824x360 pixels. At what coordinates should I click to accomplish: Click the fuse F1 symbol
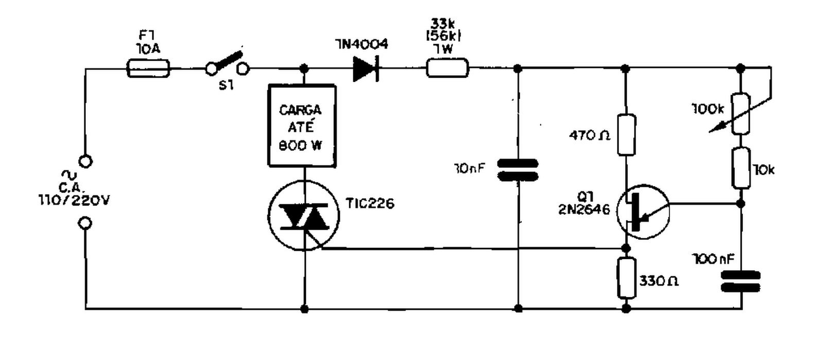click(148, 68)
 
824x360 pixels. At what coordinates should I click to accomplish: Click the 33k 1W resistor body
click(447, 68)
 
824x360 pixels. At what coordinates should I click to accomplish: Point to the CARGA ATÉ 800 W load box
click(302, 126)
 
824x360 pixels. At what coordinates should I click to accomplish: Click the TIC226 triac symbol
click(304, 216)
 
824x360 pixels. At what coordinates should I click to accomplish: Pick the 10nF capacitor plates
click(518, 170)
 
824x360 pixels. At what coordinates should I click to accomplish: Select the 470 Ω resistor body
click(626, 135)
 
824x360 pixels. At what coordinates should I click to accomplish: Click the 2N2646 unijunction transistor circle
click(643, 212)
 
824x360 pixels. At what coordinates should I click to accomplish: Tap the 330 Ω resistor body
click(626, 278)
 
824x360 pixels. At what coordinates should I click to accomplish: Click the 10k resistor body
click(741, 168)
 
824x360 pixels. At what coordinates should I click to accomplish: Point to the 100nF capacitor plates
click(741, 281)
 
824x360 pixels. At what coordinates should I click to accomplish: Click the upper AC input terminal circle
click(86, 162)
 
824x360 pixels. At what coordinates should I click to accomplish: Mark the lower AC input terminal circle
click(86, 224)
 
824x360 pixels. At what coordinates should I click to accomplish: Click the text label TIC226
click(370, 204)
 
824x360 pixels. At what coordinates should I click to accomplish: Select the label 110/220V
click(74, 200)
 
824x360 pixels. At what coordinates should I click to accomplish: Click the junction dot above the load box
click(304, 68)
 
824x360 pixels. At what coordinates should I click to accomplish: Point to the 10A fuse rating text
click(148, 49)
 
